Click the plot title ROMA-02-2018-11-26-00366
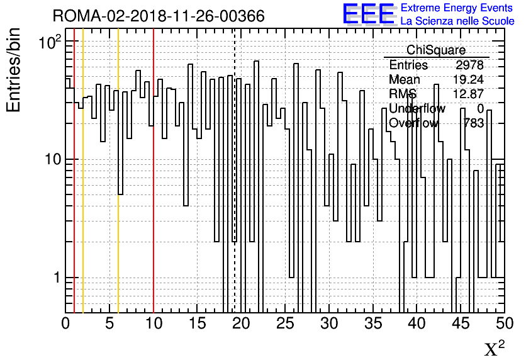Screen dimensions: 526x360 pos(159,16)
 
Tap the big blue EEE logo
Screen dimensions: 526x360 pos(369,14)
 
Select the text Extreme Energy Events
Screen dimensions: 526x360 pos(457,8)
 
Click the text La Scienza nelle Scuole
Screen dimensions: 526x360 pos(457,21)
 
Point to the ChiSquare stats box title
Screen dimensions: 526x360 pos(436,50)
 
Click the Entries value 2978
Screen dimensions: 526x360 pos(469,65)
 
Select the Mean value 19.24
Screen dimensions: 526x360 pos(468,79)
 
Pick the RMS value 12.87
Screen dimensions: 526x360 pos(468,94)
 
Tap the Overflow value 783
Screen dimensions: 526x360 pos(473,123)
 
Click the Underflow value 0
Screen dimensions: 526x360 pos(480,108)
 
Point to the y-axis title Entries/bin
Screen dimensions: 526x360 pos(13,70)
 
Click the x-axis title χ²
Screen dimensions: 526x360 pos(495,348)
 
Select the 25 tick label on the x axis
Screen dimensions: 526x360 pos(285,323)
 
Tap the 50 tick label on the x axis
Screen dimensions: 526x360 pos(505,323)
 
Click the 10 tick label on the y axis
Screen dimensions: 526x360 pos(53,159)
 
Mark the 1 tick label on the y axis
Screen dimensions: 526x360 pos(57,278)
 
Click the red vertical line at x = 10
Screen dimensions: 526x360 pos(154,171)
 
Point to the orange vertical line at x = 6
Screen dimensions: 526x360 pos(118,171)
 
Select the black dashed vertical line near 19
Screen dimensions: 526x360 pos(235,171)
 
